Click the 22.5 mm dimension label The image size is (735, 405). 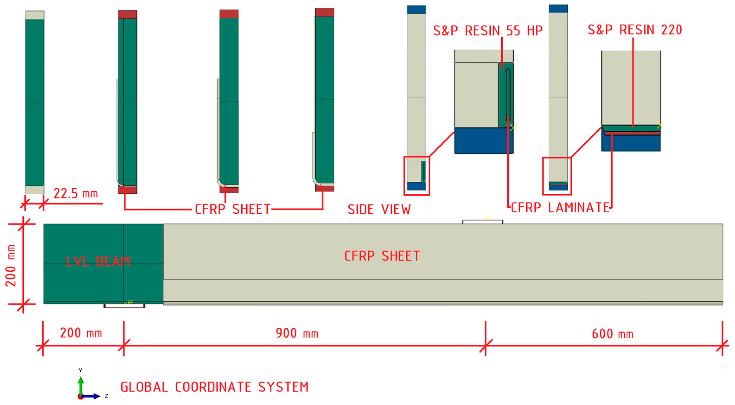pyautogui.click(x=76, y=194)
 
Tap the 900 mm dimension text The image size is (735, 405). pyautogui.click(x=297, y=333)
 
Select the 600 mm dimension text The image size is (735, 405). pyautogui.click(x=612, y=334)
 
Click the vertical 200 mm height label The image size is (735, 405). pyautogui.click(x=11, y=265)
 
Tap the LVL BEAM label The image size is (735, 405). pyautogui.click(x=98, y=262)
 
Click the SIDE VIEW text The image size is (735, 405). pyautogui.click(x=379, y=210)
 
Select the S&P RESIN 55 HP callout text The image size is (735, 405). pyautogui.click(x=488, y=31)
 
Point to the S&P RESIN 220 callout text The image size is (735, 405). pyautogui.click(x=635, y=30)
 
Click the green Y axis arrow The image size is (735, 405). pyautogui.click(x=81, y=384)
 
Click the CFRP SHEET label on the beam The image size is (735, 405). pyautogui.click(x=382, y=256)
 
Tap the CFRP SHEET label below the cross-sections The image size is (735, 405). pyautogui.click(x=232, y=209)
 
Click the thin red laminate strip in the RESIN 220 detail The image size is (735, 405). pyautogui.click(x=632, y=133)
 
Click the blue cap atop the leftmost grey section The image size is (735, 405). pyautogui.click(x=416, y=9)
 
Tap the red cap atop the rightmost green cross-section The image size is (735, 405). pyautogui.click(x=325, y=12)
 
